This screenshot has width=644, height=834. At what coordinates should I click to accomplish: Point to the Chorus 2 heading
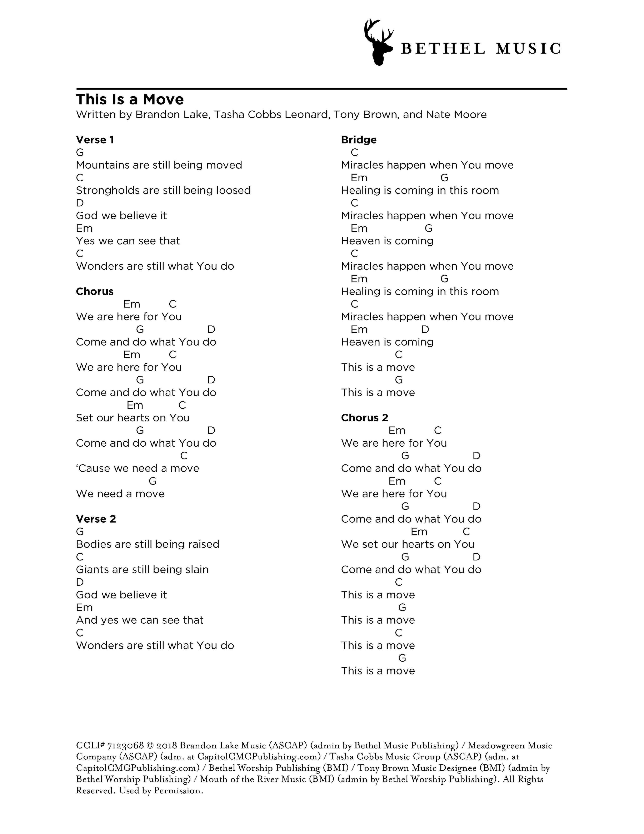pyautogui.click(x=364, y=418)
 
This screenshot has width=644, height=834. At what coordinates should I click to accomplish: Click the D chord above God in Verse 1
pyautogui.click(x=80, y=203)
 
